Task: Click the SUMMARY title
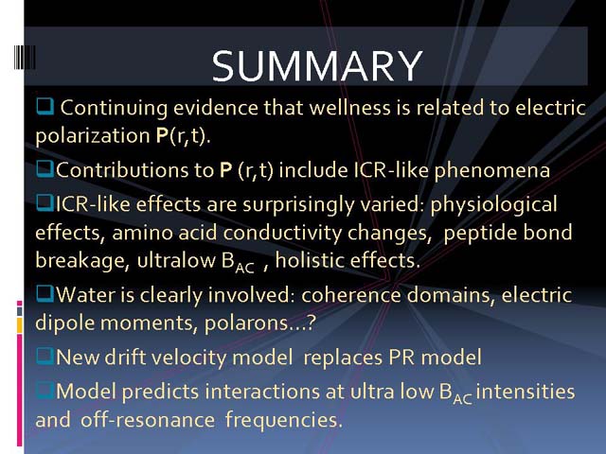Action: [317, 65]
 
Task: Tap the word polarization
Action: [93, 136]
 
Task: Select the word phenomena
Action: [492, 170]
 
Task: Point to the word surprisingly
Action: [298, 204]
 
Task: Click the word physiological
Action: [493, 204]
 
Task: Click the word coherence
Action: [351, 295]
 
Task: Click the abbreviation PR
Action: [401, 358]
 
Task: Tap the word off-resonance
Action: [148, 420]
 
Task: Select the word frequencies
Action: [284, 420]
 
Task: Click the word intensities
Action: [526, 392]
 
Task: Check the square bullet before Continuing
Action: [45, 106]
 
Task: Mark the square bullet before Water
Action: [45, 293]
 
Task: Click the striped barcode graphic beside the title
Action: [25, 57]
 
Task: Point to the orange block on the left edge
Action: [19, 324]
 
